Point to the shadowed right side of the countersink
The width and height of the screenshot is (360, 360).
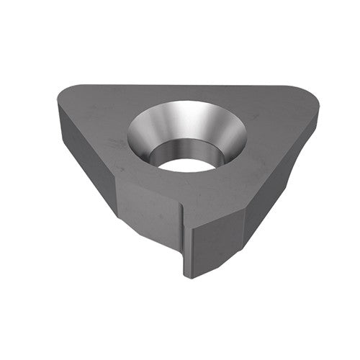pos(229,137)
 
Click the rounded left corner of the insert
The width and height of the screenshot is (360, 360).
pos(61,97)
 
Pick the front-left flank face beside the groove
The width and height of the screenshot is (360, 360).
pos(148,212)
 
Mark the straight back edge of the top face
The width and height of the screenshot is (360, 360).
pos(187,86)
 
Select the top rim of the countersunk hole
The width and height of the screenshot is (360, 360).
pos(187,103)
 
